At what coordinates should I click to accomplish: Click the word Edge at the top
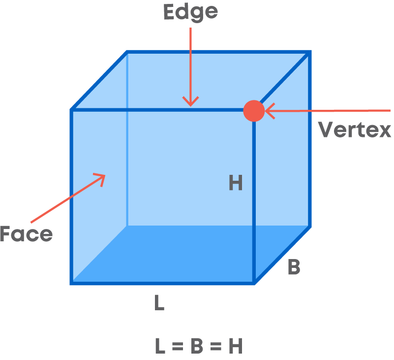pos(190,13)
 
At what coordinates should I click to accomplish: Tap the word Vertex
pos(355,130)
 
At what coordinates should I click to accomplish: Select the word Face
pos(27,234)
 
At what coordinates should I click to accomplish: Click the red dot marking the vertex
pos(254,111)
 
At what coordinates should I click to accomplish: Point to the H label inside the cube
pos(236,183)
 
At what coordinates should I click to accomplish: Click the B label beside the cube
pos(294,266)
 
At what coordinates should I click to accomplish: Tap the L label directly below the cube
pos(159,303)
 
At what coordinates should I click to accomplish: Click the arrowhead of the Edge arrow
pos(190,101)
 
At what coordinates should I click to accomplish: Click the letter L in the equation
pos(160,346)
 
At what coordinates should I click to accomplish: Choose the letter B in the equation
pos(197,346)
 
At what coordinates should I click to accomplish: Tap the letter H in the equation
pos(236,346)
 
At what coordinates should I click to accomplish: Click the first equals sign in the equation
pos(178,346)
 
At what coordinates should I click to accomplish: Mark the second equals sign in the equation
pos(215,346)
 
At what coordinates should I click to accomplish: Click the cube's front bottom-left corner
pos(71,283)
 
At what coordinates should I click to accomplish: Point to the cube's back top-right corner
pos(310,52)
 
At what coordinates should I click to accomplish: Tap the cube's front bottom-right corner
pos(254,283)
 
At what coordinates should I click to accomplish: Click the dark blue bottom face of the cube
pos(191,254)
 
